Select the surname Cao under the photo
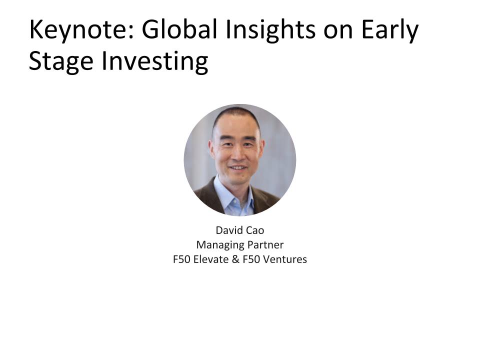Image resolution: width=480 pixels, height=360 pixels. coord(254,231)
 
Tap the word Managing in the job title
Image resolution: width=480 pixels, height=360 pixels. coord(219,245)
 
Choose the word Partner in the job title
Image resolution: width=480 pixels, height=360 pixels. coord(264,245)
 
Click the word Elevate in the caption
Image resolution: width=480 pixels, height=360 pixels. coord(210,260)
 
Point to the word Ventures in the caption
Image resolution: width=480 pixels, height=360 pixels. coord(285,260)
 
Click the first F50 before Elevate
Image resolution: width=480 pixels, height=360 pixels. coord(181,260)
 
